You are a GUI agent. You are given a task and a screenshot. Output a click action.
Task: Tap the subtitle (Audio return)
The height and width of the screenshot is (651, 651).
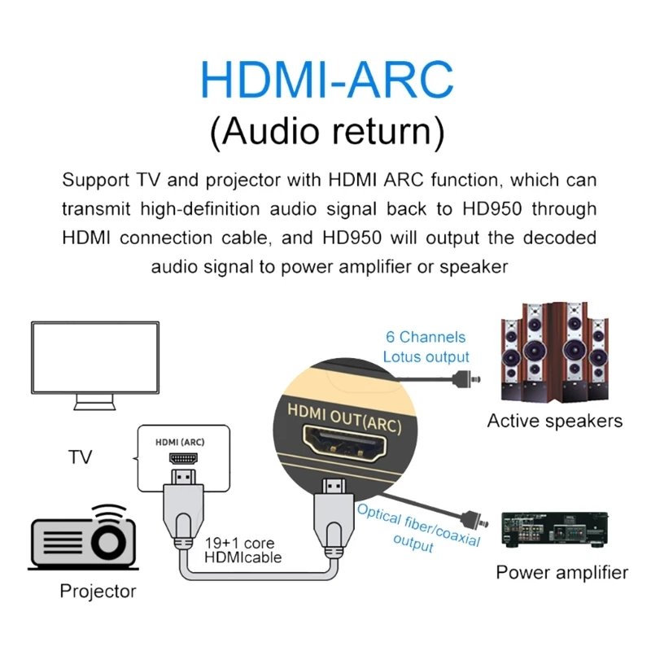[x=326, y=132]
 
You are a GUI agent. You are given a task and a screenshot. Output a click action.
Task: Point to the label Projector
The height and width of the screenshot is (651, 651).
[x=98, y=591]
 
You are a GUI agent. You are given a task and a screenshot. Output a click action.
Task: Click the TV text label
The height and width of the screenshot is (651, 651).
[x=80, y=457]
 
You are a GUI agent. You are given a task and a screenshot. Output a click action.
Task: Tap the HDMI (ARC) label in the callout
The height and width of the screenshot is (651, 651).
[x=181, y=442]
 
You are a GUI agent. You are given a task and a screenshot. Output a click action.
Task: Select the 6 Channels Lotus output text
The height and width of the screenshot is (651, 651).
[x=426, y=347]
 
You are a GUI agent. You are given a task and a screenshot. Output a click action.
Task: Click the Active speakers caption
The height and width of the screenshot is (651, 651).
[x=554, y=421]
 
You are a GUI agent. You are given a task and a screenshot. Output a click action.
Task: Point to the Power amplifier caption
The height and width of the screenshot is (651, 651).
[x=562, y=572]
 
